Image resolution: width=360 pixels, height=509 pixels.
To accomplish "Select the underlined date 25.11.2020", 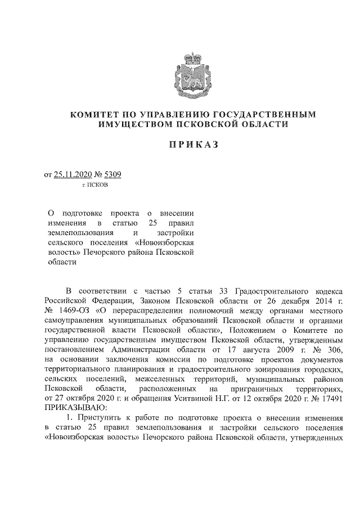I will click(74, 175).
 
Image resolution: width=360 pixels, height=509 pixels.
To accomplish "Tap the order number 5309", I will click(112, 175).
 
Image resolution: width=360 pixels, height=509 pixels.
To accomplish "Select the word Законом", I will click(159, 301).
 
